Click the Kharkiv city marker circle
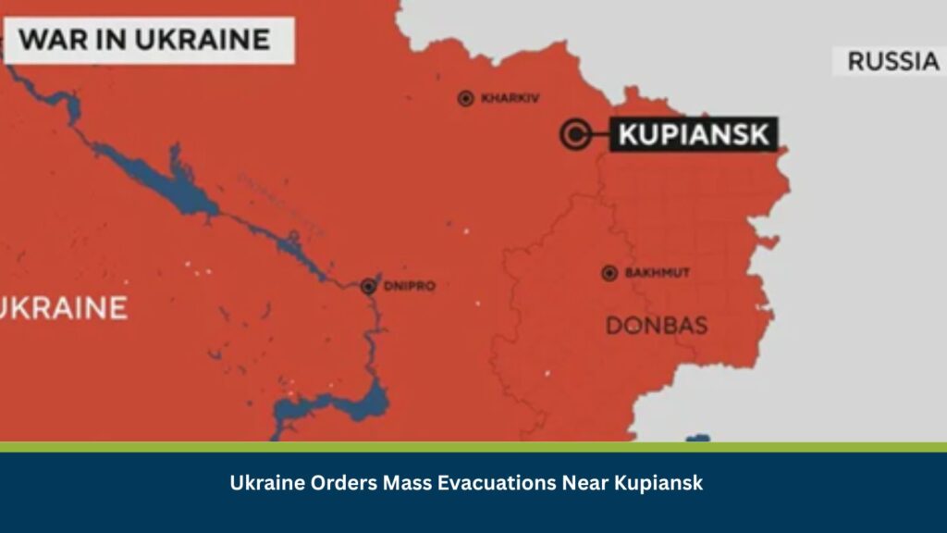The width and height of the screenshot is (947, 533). [466, 98]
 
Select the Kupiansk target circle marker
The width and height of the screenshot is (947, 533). [574, 134]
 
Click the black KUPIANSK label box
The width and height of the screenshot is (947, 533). [694, 135]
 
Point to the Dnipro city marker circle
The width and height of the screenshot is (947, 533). [369, 286]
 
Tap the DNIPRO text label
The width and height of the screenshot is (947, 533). [409, 286]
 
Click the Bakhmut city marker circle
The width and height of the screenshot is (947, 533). [609, 273]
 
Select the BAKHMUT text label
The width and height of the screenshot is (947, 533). [658, 273]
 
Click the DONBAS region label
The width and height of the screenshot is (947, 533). [657, 325]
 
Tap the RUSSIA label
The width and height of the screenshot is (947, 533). [892, 61]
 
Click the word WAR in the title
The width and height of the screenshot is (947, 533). [53, 40]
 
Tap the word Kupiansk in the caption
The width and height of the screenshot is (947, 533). [659, 483]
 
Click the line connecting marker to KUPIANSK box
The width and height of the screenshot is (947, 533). [599, 134]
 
